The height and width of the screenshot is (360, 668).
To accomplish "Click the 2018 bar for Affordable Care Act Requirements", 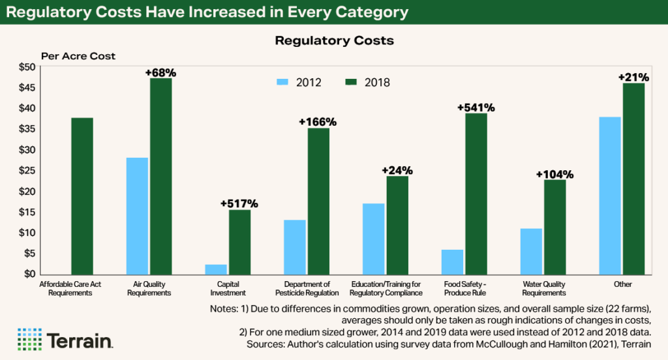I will coord(82,196).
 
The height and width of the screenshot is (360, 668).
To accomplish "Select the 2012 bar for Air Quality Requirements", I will coord(138,216).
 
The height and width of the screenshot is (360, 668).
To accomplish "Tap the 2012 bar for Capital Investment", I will coord(216,269).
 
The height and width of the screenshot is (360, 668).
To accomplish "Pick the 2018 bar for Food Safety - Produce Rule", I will coord(476,194).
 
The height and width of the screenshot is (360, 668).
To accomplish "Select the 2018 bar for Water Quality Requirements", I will coord(554,227).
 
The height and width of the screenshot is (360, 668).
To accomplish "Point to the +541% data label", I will coord(476,107).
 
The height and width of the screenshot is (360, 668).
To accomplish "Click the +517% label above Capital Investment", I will coord(239,203).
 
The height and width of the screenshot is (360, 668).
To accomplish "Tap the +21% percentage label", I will coord(633,78).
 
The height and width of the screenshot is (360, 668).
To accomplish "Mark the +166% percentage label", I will coord(318,122).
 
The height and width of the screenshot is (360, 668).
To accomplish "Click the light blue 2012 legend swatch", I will coord(282,82).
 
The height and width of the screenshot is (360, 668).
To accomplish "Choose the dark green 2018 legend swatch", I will coord(350,82).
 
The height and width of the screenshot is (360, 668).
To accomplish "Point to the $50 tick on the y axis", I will coord(27,67).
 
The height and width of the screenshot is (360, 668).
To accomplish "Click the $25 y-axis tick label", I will coord(27,171).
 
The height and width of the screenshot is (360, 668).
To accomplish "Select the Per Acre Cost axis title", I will coord(78,56).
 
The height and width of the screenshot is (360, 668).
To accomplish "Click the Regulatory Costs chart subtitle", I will coord(334,40).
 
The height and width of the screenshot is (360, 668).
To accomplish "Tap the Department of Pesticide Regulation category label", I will coord(307,288).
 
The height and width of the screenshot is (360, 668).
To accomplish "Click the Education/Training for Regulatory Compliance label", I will coord(386,288).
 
